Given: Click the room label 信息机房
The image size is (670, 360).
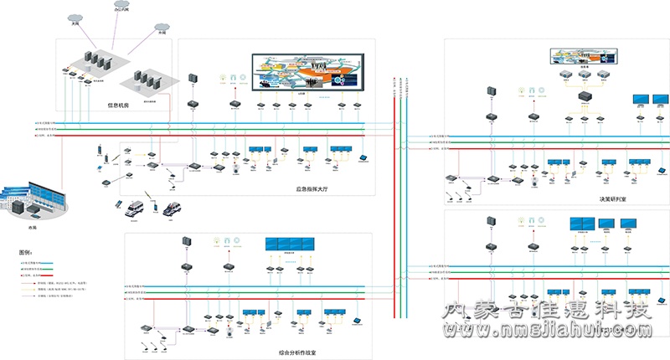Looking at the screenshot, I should (120, 105).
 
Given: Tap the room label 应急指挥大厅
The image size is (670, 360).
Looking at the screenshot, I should (314, 188).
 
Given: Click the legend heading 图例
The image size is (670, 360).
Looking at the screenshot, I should (27, 251).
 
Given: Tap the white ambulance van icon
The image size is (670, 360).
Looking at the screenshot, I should (134, 209).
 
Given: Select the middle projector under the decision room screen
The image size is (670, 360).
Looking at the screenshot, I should (584, 75).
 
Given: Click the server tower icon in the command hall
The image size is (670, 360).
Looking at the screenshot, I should (192, 78).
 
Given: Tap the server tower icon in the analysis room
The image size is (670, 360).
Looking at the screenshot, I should (185, 243).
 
